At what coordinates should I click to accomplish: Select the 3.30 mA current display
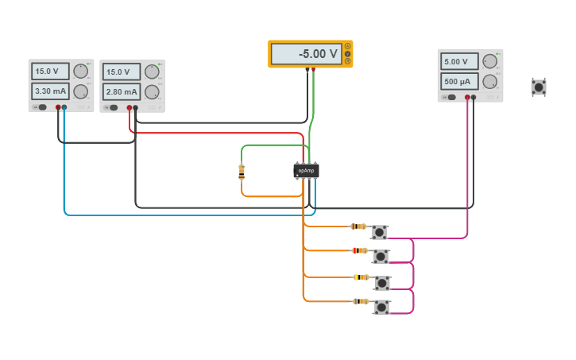click(51, 91)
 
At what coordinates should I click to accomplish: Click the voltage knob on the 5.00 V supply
click(490, 61)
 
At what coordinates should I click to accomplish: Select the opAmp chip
click(306, 170)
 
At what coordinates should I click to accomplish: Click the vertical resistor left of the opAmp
click(242, 172)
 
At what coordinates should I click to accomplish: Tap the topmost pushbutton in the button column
click(379, 232)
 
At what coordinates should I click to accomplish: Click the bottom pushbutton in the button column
click(381, 307)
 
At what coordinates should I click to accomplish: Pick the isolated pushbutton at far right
click(539, 87)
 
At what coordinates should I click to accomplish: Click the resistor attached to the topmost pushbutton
click(358, 226)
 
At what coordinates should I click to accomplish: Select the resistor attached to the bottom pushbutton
click(360, 301)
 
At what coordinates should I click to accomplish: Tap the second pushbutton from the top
click(381, 256)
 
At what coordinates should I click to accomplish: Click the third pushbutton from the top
click(382, 283)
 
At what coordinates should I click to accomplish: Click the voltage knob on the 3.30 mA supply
click(81, 71)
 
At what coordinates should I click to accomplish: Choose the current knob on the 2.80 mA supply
click(152, 91)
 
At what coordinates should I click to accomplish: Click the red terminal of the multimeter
click(314, 70)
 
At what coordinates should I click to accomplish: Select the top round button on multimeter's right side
click(347, 46)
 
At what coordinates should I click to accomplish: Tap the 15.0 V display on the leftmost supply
click(51, 71)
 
